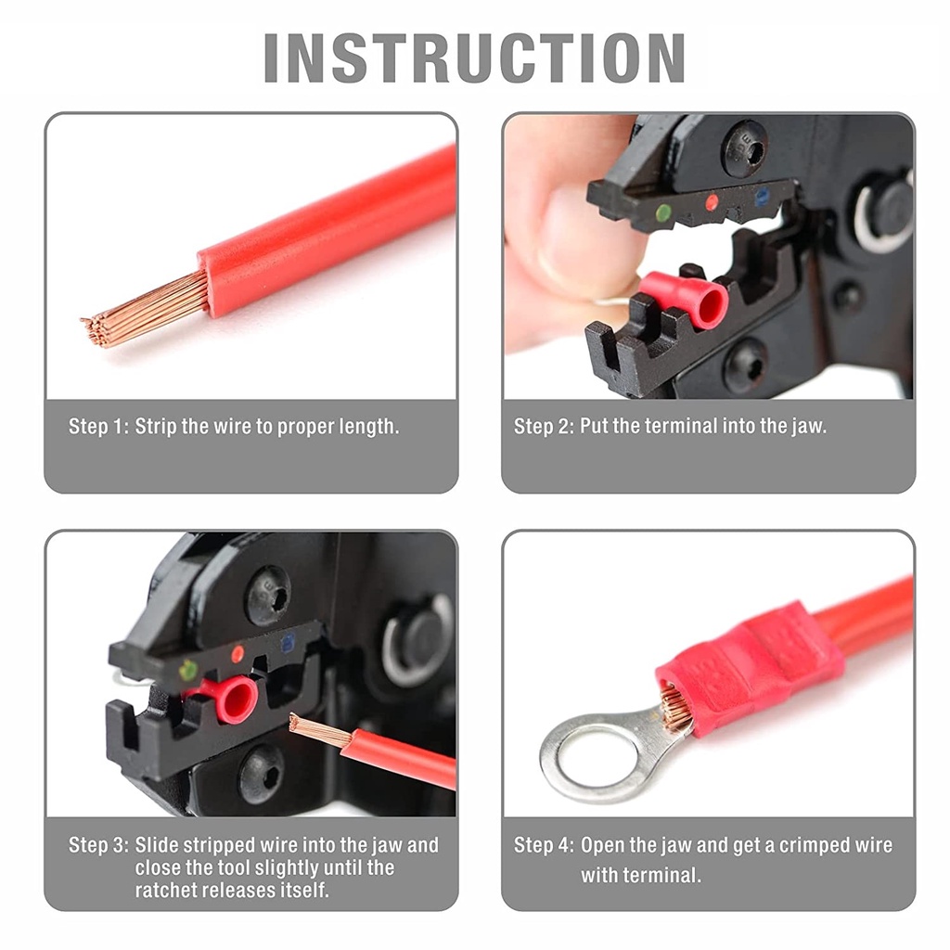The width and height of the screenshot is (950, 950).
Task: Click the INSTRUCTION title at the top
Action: [474, 58]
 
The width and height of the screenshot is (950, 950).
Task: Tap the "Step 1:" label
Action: [98, 427]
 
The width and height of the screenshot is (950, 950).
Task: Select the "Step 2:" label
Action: [544, 426]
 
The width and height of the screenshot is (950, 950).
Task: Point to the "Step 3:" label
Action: [98, 844]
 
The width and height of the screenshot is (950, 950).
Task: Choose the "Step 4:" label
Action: [544, 845]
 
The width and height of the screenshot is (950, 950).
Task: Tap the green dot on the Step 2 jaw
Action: [664, 212]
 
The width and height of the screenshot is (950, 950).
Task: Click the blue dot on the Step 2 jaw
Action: [763, 196]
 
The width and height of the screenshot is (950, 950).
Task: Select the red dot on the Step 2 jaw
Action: [712, 202]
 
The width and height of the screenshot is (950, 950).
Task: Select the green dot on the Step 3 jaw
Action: [187, 671]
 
